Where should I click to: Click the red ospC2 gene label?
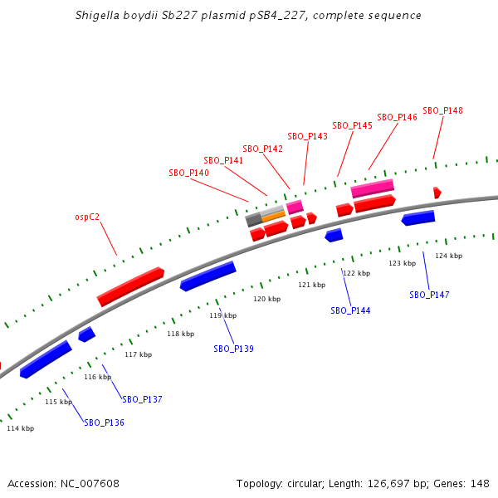point(87,217)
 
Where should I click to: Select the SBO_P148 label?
point(442,110)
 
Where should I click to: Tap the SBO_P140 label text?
point(188,173)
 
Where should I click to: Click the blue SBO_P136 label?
point(104,422)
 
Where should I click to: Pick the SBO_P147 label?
point(429,295)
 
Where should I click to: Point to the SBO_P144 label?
point(350,310)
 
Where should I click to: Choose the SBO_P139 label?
point(233,349)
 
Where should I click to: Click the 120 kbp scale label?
point(266,299)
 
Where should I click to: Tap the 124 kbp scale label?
point(448,256)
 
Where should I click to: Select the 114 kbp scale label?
point(21,428)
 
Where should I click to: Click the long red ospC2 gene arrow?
point(130,286)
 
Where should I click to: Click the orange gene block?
point(273,217)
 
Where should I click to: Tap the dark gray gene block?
point(253,221)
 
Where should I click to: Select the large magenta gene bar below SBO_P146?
point(372,188)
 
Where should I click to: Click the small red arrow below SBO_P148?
point(437,193)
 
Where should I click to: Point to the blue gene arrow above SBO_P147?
point(418,218)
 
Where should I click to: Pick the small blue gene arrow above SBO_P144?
point(334,236)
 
